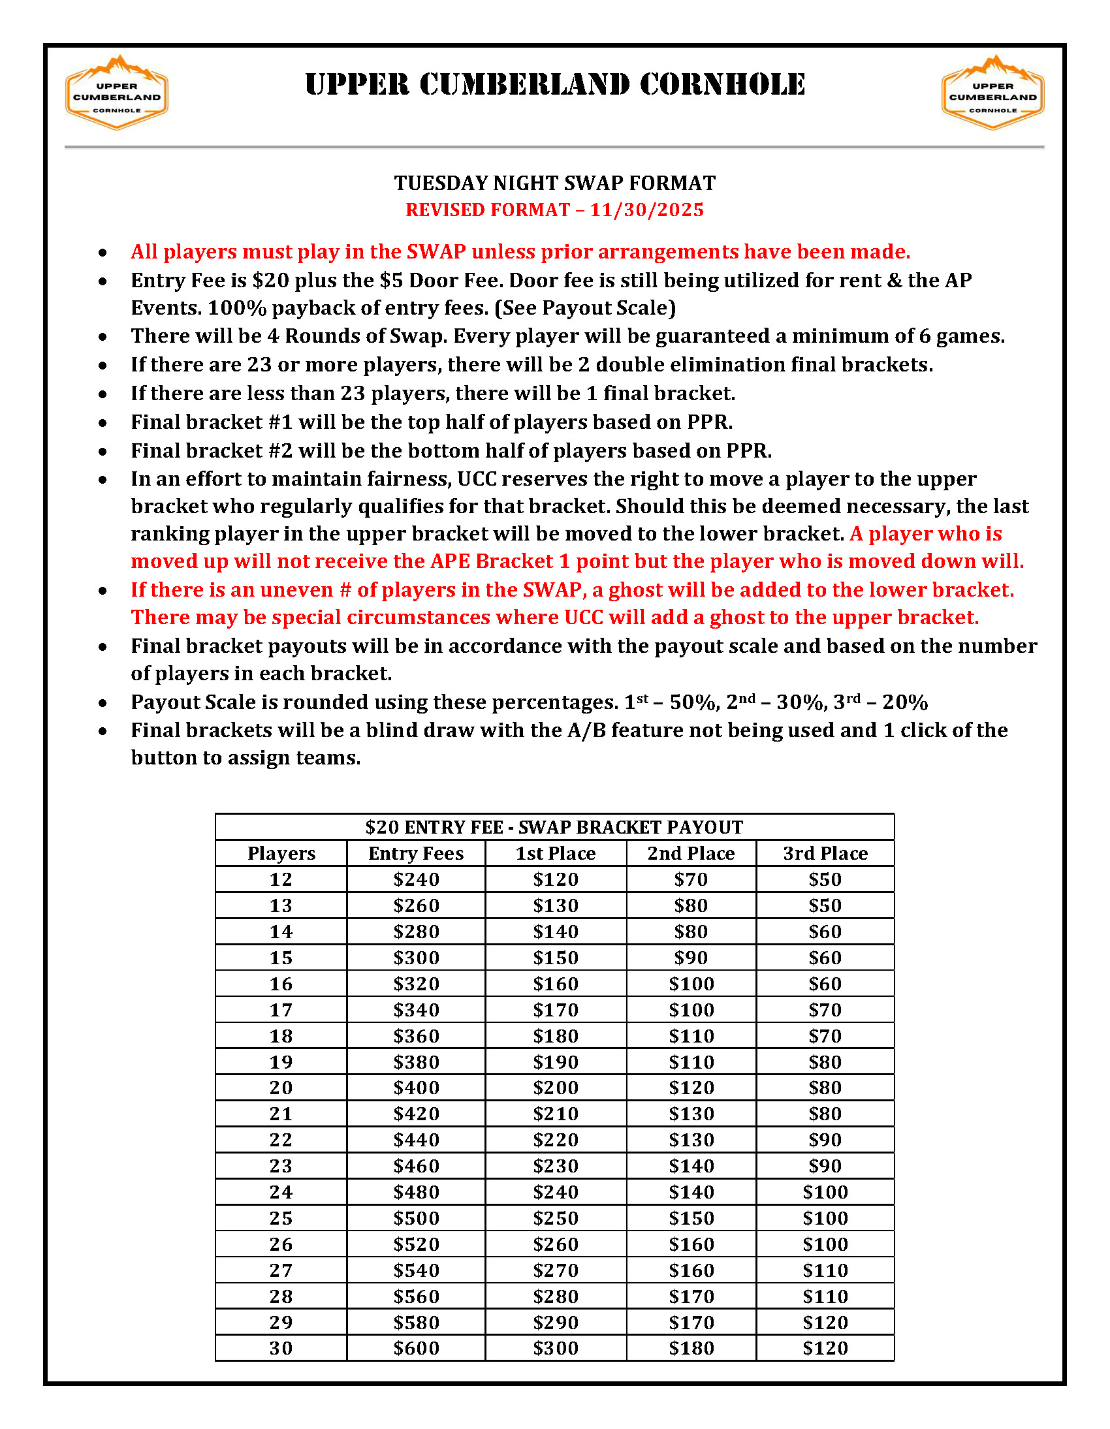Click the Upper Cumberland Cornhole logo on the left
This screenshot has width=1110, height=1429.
116,93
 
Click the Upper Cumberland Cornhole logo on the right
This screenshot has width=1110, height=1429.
992,93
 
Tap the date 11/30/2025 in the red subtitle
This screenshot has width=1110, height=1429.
646,210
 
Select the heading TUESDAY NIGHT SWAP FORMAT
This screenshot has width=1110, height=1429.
554,183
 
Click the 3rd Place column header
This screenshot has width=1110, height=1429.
825,853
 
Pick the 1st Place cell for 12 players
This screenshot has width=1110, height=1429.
555,879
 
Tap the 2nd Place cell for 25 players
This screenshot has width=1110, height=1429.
690,1218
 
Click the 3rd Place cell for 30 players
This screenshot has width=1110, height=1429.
825,1348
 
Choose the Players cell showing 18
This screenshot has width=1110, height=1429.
281,1036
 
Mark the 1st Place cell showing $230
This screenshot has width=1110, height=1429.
555,1166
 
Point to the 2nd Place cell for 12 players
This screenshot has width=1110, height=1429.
690,879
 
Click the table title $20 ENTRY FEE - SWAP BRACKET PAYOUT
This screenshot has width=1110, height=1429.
554,827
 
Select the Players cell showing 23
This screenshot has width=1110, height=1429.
281,1166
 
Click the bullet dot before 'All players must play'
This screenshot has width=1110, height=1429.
103,253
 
